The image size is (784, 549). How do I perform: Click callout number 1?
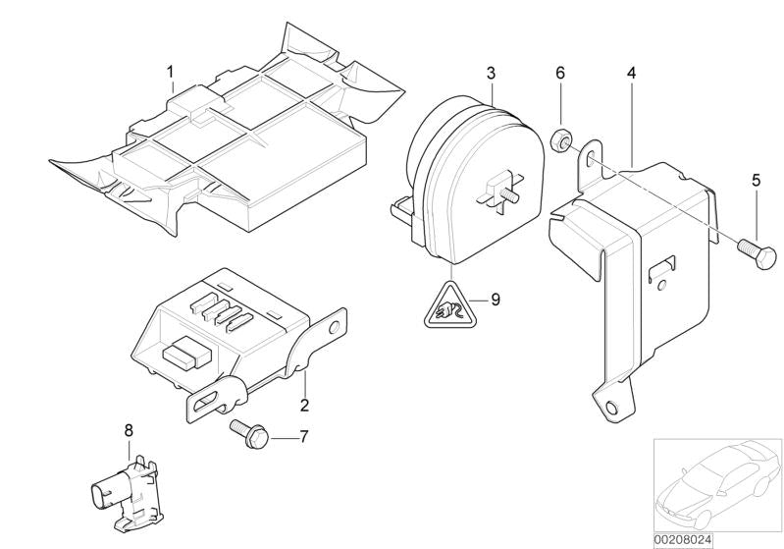coord(171,73)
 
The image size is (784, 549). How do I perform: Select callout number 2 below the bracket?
coord(304,405)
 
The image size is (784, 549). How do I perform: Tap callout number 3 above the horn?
coord(491,73)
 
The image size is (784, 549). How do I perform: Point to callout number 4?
coord(632,73)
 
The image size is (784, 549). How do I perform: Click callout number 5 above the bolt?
coord(756,180)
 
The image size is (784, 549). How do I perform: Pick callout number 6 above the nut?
coord(560,73)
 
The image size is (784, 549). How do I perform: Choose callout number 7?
coord(304,437)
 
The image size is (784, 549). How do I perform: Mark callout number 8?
coord(129,430)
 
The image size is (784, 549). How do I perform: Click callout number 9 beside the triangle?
coord(495,300)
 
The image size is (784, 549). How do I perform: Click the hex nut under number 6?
coord(559,140)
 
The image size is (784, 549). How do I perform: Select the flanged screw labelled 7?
coord(248,434)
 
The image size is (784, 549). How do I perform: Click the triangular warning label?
coord(449,307)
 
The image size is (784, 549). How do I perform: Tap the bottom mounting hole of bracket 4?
coord(611,408)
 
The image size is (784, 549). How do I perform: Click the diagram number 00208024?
coord(683,540)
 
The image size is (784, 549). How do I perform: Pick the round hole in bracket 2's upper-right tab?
coord(334,328)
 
